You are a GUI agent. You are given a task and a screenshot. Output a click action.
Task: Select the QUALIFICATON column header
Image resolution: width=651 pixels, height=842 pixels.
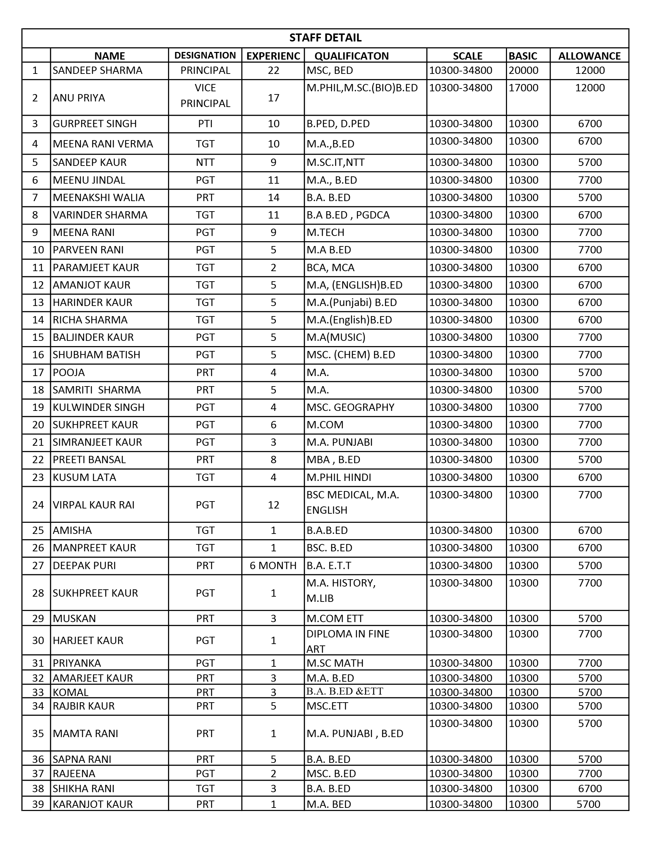(351, 56)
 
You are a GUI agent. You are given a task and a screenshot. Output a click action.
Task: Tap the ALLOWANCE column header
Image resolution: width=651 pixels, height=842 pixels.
(589, 56)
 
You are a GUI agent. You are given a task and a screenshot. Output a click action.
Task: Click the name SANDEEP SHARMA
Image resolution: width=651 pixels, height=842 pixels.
(98, 70)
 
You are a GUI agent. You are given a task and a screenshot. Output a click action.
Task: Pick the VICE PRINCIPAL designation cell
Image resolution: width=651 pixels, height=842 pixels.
(205, 95)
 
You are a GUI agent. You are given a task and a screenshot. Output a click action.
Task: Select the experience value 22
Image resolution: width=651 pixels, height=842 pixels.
(273, 70)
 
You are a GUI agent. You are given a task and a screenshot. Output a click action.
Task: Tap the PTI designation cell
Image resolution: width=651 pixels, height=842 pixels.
(205, 124)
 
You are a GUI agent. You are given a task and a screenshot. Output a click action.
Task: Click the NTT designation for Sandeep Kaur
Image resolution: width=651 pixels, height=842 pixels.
(205, 162)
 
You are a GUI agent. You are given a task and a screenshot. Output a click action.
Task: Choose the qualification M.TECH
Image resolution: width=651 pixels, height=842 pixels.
(326, 232)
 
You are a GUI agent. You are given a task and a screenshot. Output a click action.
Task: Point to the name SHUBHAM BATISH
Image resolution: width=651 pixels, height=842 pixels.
(97, 355)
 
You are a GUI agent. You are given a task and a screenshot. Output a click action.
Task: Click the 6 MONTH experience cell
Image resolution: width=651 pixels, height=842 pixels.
(273, 566)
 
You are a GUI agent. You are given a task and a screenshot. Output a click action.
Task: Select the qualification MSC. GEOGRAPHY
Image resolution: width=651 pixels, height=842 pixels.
(350, 407)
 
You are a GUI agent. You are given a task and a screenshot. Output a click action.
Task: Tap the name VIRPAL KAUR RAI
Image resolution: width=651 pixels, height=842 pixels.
(94, 505)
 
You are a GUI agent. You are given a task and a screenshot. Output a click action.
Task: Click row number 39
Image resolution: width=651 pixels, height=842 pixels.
(38, 804)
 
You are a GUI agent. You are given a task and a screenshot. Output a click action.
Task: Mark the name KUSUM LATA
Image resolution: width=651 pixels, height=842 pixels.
(84, 477)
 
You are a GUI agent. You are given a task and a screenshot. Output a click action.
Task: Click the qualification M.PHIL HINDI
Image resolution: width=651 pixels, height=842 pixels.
(339, 477)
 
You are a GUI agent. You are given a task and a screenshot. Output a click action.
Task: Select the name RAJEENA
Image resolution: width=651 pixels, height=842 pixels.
(74, 773)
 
